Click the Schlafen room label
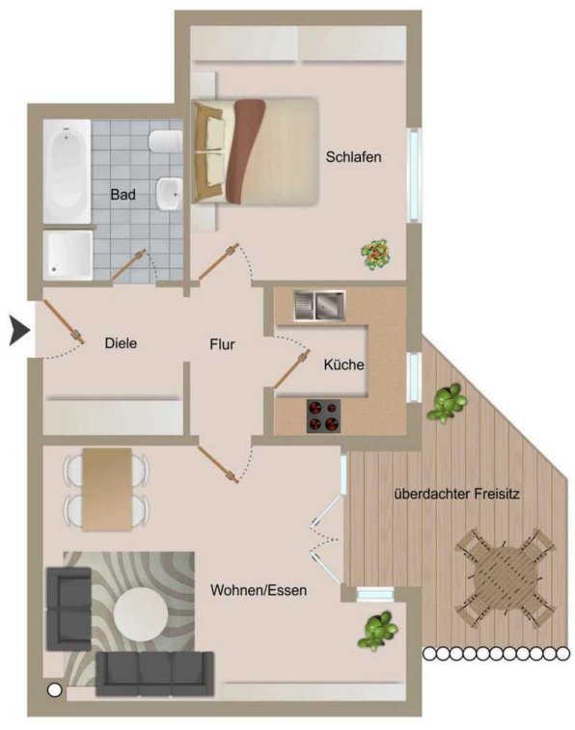353,157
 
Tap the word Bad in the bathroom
123,194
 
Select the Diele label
121,343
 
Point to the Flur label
222,344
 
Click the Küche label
343,365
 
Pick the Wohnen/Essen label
259,590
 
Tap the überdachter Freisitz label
456,494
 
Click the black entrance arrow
19,331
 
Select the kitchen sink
319,306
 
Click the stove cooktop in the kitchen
323,417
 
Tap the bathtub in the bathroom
67,172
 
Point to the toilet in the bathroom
165,141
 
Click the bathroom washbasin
169,194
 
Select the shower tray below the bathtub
68,256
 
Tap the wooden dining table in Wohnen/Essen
107,489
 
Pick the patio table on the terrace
505,578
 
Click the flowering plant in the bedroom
375,255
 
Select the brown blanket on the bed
244,151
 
